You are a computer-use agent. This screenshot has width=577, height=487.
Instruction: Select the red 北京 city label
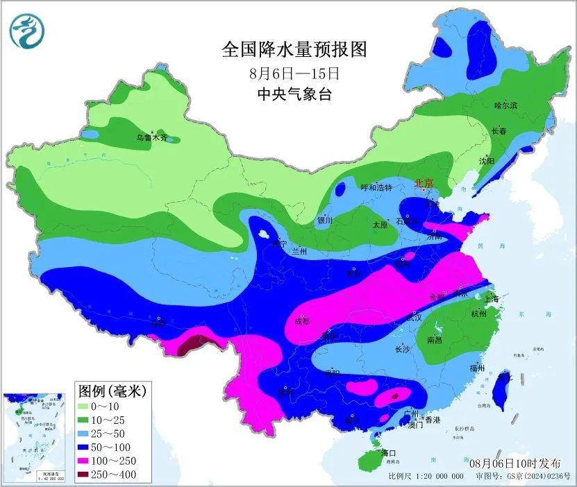[x=423, y=183]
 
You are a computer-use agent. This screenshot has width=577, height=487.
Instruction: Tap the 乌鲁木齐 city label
[x=152, y=138]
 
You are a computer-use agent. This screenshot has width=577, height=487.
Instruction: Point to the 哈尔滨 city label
[x=505, y=105]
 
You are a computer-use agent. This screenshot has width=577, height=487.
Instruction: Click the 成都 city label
[x=301, y=321]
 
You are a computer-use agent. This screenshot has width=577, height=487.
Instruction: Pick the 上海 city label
[x=493, y=299]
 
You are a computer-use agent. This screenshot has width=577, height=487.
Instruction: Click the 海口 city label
[x=390, y=453]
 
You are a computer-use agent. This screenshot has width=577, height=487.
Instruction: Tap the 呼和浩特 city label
[x=376, y=188]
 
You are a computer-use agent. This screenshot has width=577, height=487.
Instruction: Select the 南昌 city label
[x=435, y=340]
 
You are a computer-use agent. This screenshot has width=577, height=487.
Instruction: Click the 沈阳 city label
[x=487, y=161]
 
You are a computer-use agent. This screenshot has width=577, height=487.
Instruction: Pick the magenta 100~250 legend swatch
[x=89, y=461]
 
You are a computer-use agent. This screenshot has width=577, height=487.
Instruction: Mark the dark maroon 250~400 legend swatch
[x=89, y=475]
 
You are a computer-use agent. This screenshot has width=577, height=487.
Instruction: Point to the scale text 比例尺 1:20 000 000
[x=426, y=477]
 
